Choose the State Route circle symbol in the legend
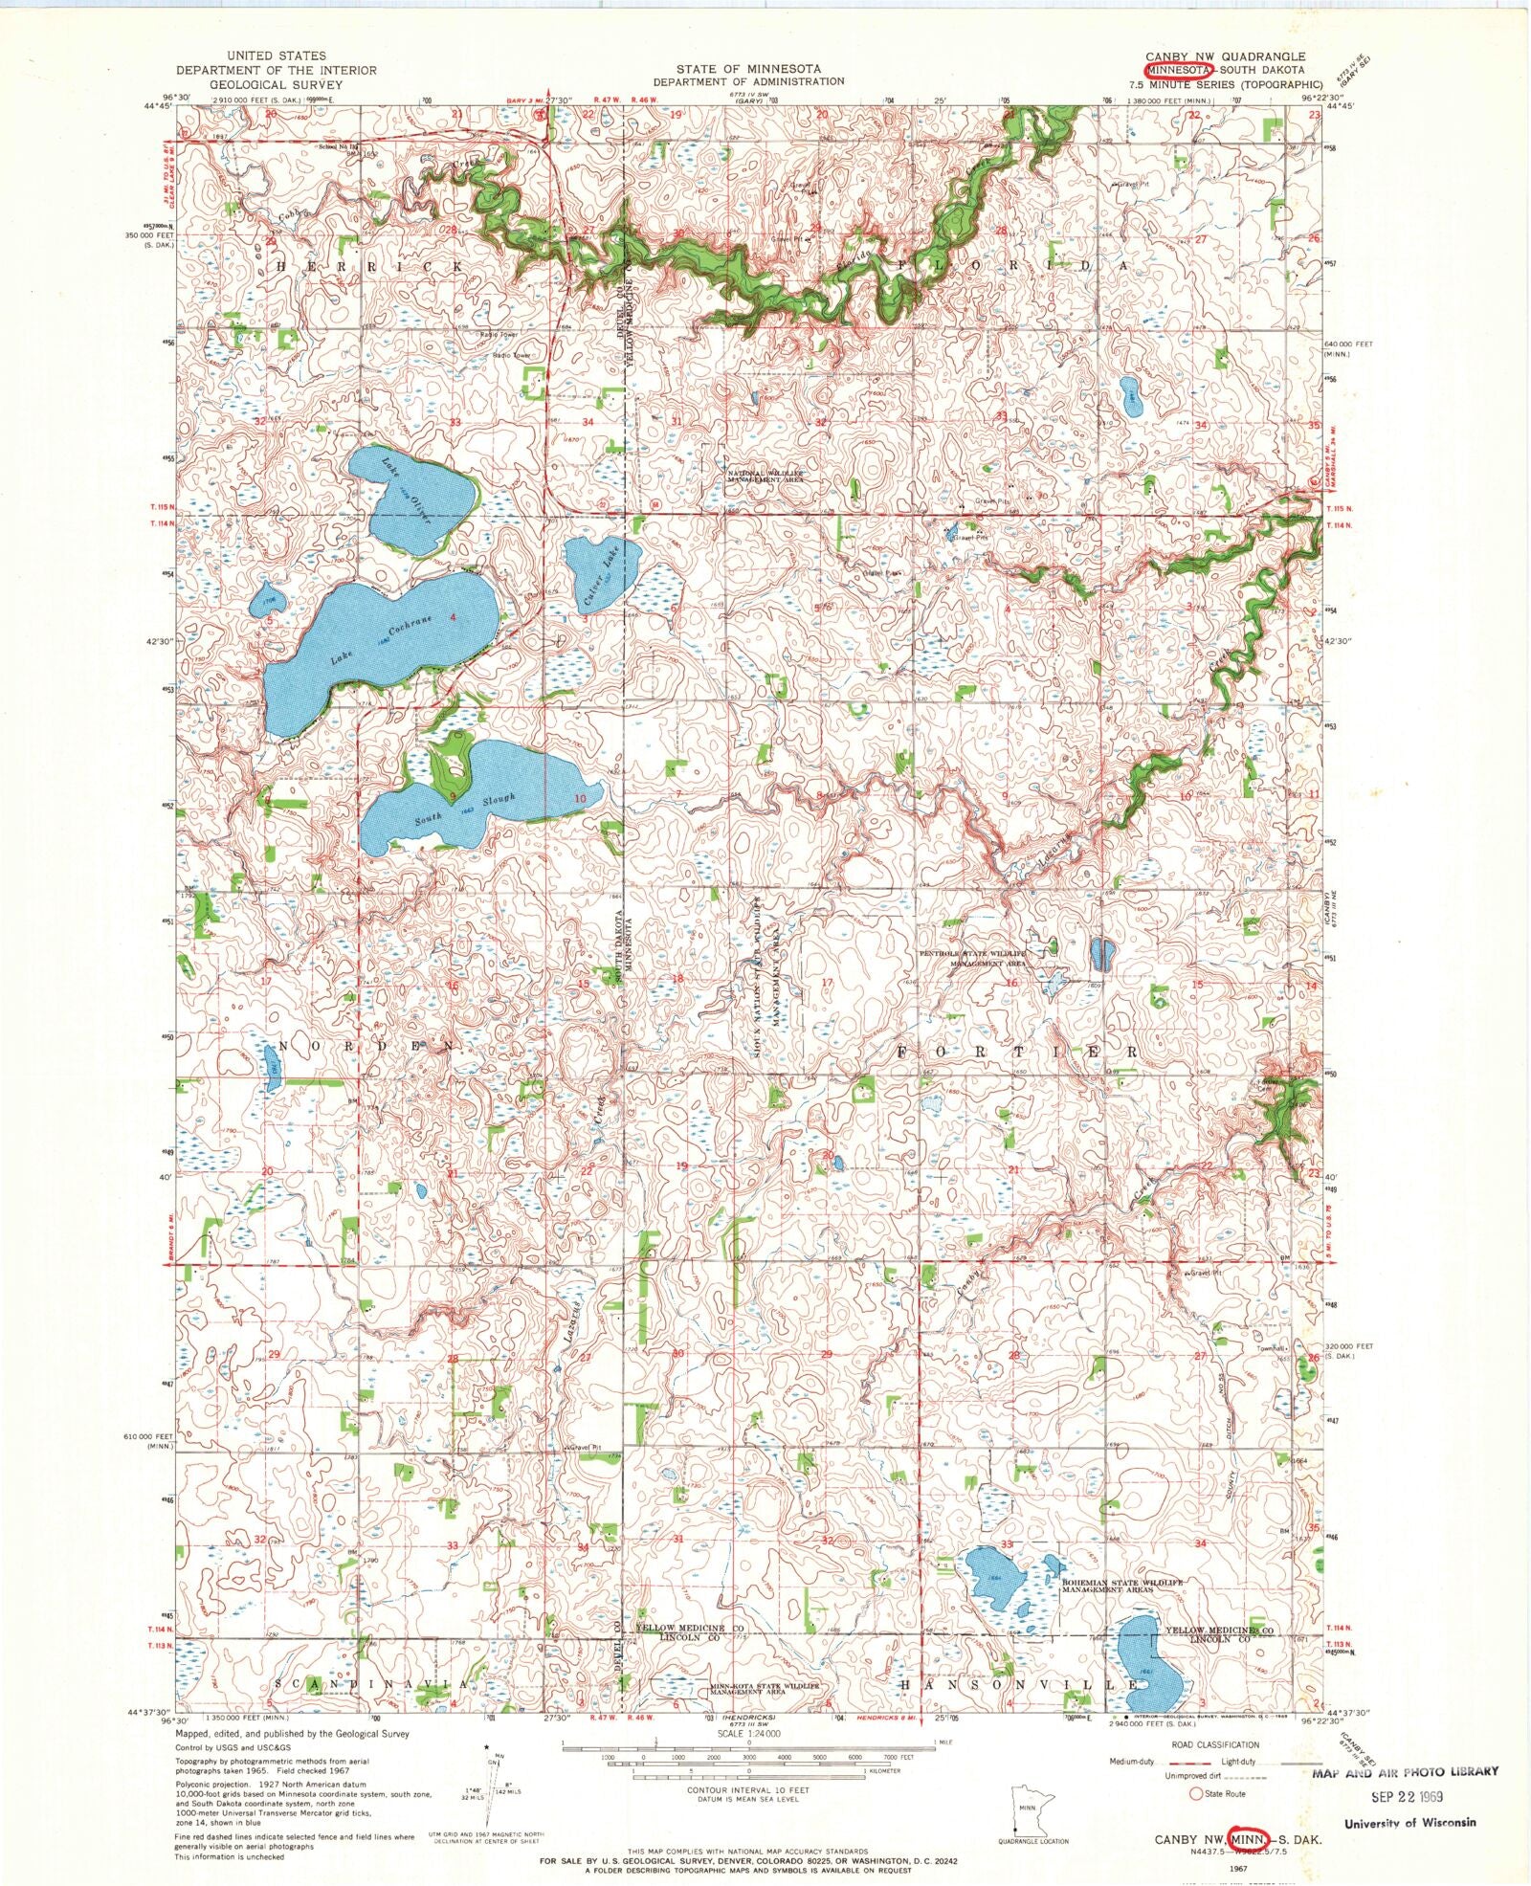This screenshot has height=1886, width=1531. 1196,1792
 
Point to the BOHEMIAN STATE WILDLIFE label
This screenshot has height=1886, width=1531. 1121,1584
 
